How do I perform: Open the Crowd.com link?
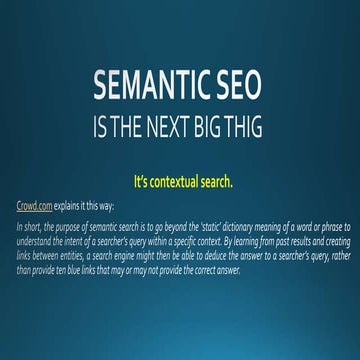(x=34, y=210)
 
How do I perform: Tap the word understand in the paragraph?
(x=38, y=241)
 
